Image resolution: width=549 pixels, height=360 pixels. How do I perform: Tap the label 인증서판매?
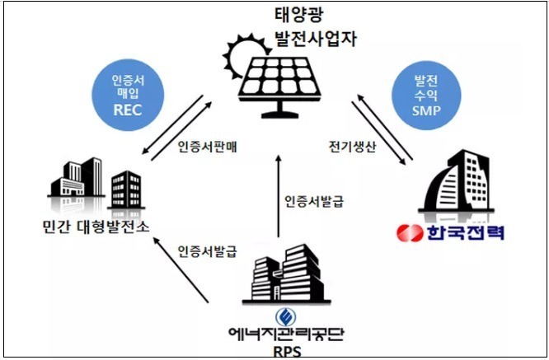click(x=206, y=148)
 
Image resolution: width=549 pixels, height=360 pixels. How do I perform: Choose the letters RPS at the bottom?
click(x=282, y=351)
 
